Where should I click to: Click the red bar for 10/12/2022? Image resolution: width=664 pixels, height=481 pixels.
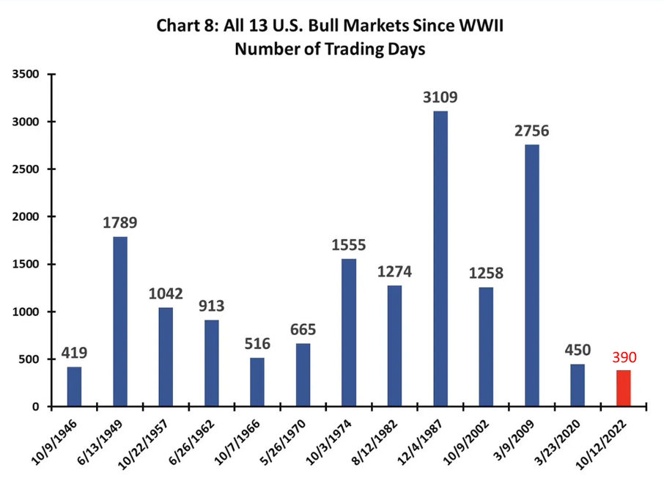[623, 389]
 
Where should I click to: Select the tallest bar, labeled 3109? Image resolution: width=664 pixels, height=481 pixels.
[440, 259]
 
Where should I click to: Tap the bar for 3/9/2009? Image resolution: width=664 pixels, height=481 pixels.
[531, 276]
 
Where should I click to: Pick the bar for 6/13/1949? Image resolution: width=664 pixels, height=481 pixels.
[120, 322]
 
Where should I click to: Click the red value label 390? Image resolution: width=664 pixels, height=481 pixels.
[623, 359]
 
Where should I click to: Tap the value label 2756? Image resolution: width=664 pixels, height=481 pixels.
[531, 132]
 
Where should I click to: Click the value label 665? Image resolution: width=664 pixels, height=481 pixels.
[303, 330]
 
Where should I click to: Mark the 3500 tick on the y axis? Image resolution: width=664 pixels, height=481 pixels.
[28, 74]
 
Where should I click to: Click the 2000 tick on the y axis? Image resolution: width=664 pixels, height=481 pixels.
[28, 217]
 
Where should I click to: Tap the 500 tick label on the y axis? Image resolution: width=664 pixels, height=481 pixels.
[31, 359]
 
